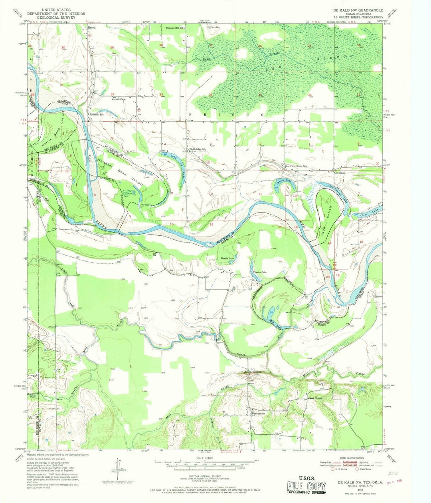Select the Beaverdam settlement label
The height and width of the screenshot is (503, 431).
point(259,414)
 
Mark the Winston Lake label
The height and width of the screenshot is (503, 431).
point(259,272)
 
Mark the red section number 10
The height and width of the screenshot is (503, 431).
point(210,194)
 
